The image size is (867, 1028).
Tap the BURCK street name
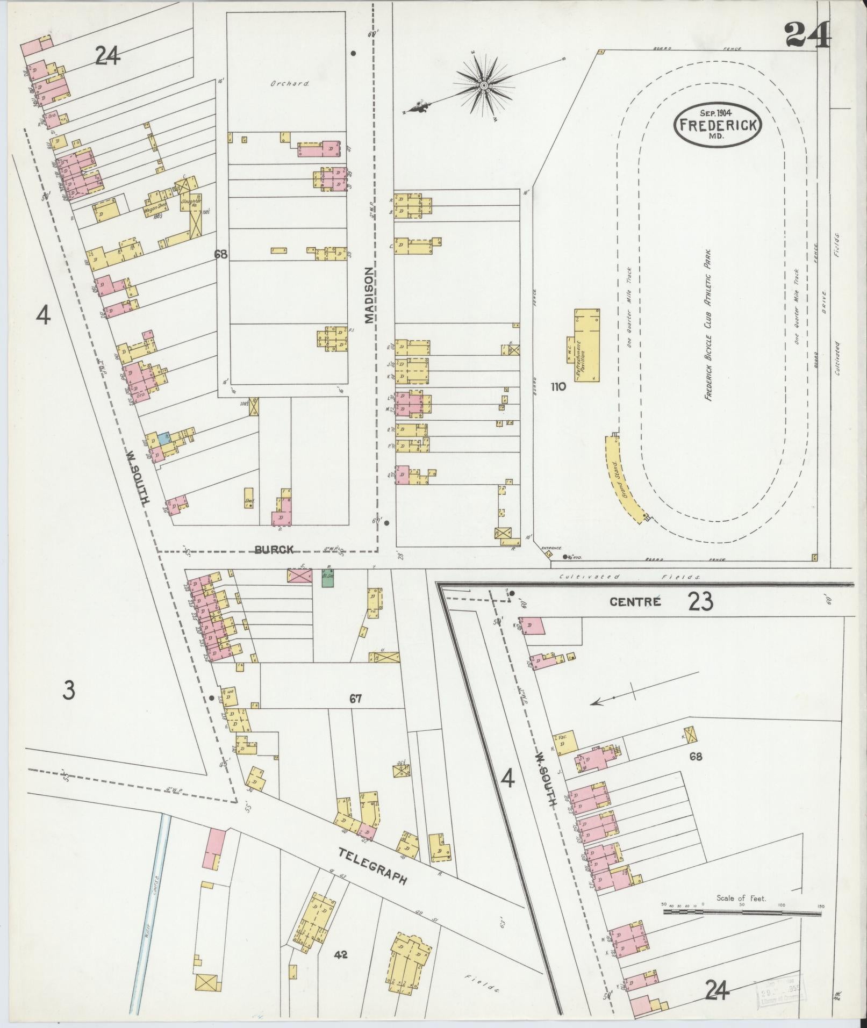coord(274,549)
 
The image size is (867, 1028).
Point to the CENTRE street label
coord(635,602)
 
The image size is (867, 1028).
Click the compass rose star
coord(484,85)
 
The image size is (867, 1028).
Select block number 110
coord(558,386)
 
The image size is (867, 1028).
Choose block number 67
coord(355,699)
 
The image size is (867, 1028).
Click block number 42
coord(341,954)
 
